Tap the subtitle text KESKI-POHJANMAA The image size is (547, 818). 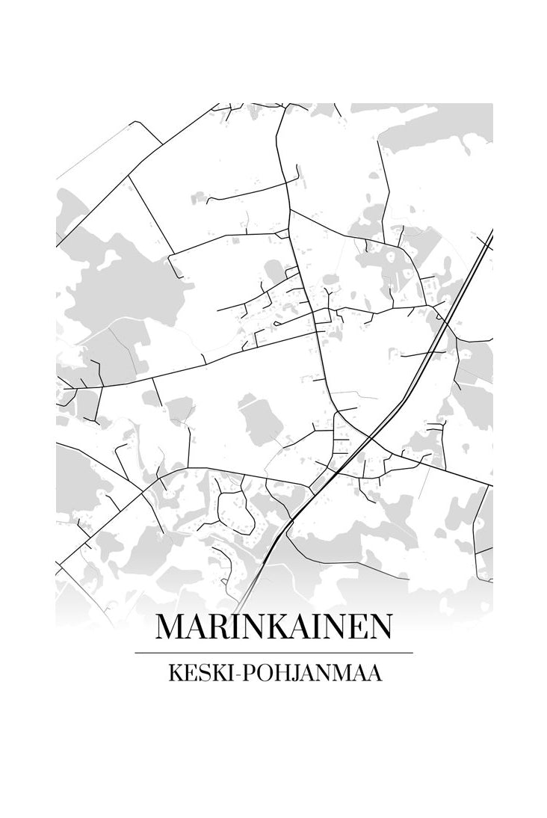coord(276,674)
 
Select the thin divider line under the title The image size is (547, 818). coord(273,653)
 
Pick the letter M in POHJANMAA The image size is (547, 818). coord(342,674)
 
